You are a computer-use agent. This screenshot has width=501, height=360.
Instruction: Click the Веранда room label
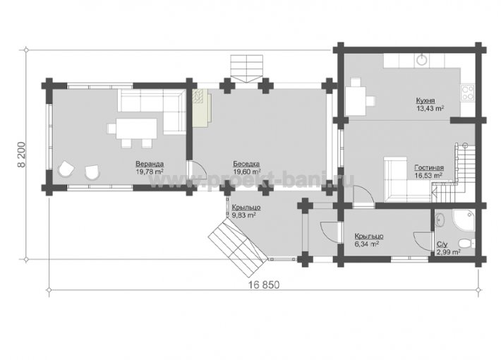150,164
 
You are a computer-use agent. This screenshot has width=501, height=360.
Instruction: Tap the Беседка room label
246,164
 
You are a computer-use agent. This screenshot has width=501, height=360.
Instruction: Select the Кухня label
425,101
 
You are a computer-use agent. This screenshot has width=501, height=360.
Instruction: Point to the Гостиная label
429,168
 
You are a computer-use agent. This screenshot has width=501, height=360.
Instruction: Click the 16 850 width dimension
264,284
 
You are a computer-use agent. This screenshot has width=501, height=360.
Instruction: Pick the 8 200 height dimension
21,155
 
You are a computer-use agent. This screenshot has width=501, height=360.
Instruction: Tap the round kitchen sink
423,59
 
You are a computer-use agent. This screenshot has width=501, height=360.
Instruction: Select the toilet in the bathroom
467,243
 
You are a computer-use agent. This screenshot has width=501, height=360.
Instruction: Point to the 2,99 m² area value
449,252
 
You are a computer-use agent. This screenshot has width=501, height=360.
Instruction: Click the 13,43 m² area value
430,109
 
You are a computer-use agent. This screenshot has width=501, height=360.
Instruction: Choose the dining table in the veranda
136,128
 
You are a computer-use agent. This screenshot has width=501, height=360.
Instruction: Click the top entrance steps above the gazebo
247,68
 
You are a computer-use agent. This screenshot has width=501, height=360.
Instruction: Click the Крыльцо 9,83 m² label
246,211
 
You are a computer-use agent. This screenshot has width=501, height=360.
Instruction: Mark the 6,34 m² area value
367,244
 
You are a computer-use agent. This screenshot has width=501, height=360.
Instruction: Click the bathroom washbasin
440,219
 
